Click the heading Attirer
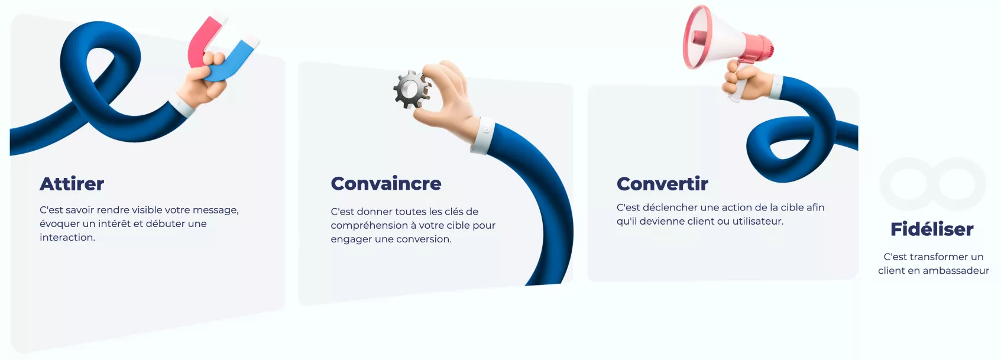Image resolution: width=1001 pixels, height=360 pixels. pyautogui.click(x=72, y=184)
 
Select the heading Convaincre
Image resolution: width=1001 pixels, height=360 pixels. pyautogui.click(x=386, y=184)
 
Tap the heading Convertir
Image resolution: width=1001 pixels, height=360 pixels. pyautogui.click(x=662, y=184)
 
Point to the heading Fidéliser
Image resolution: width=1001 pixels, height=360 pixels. pyautogui.click(x=932, y=229)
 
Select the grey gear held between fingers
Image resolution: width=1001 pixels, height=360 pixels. pyautogui.click(x=412, y=89)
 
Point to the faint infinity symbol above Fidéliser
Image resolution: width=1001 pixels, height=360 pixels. pyautogui.click(x=932, y=184)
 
